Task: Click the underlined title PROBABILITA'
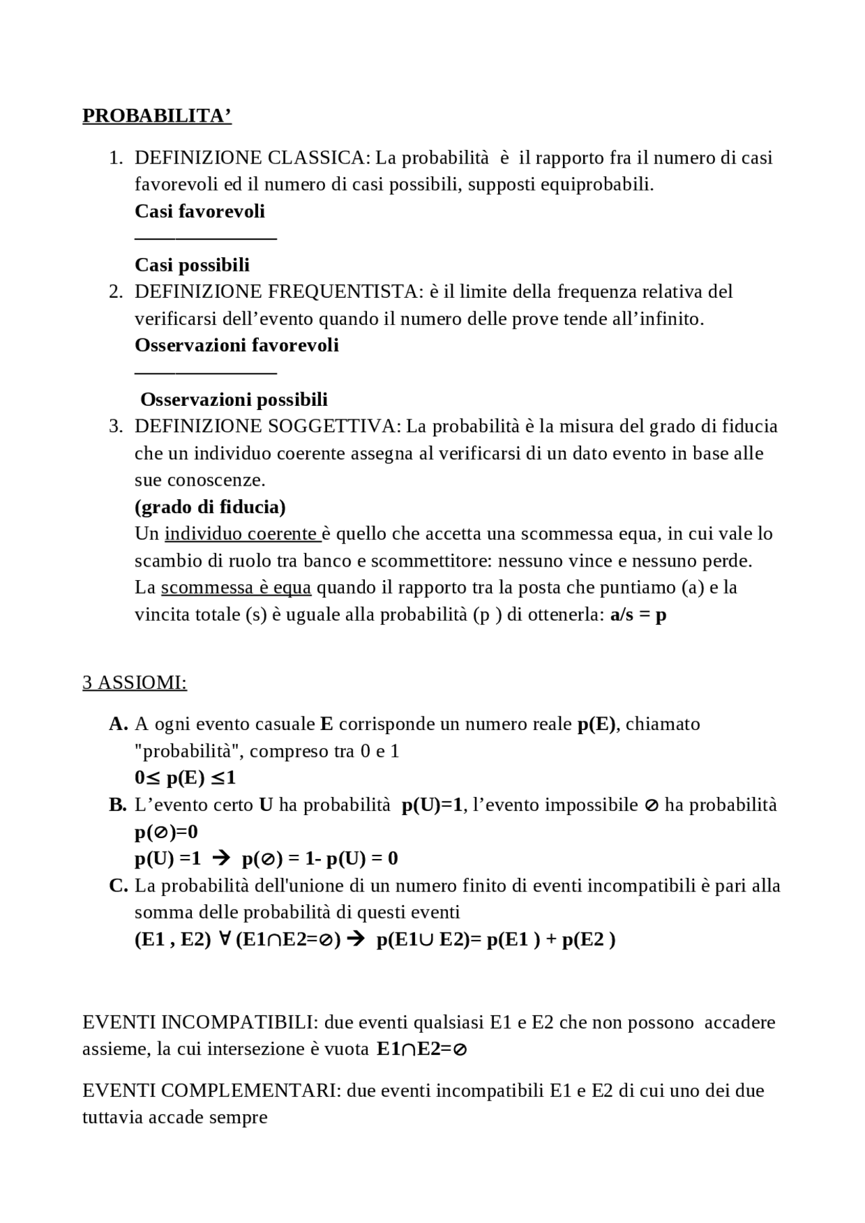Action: point(157,116)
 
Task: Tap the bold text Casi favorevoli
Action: point(199,211)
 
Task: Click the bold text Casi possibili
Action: point(192,265)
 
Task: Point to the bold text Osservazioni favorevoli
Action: point(237,345)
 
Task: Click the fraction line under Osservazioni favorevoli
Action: point(205,372)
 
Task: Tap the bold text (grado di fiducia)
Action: point(209,506)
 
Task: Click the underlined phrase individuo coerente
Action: point(241,534)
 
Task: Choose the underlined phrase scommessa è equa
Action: point(236,588)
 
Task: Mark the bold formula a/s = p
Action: point(638,615)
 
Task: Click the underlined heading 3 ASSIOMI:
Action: point(134,683)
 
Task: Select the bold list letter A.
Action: point(118,724)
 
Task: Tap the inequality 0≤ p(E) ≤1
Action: point(185,778)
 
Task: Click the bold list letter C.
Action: point(118,885)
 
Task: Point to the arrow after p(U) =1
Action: point(221,858)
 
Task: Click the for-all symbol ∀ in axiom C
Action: point(224,939)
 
